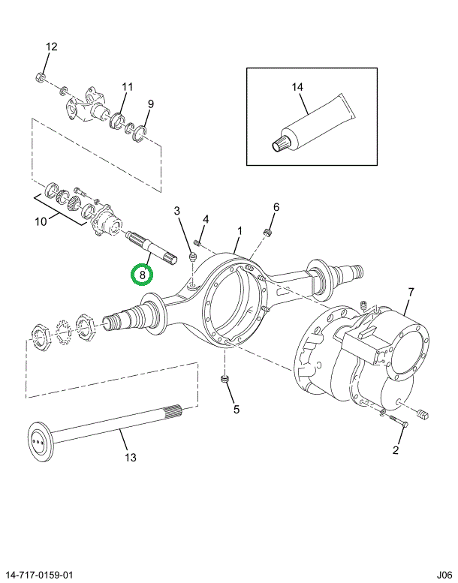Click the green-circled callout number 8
(x=141, y=275)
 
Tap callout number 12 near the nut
(x=51, y=47)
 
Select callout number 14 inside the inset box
(x=298, y=88)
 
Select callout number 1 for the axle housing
(x=240, y=230)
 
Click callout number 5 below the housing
(x=236, y=409)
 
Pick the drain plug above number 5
(x=224, y=381)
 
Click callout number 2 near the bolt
(x=396, y=450)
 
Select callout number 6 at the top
(x=276, y=207)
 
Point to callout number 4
(x=206, y=219)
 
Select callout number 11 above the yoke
(x=127, y=87)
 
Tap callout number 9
(x=151, y=104)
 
